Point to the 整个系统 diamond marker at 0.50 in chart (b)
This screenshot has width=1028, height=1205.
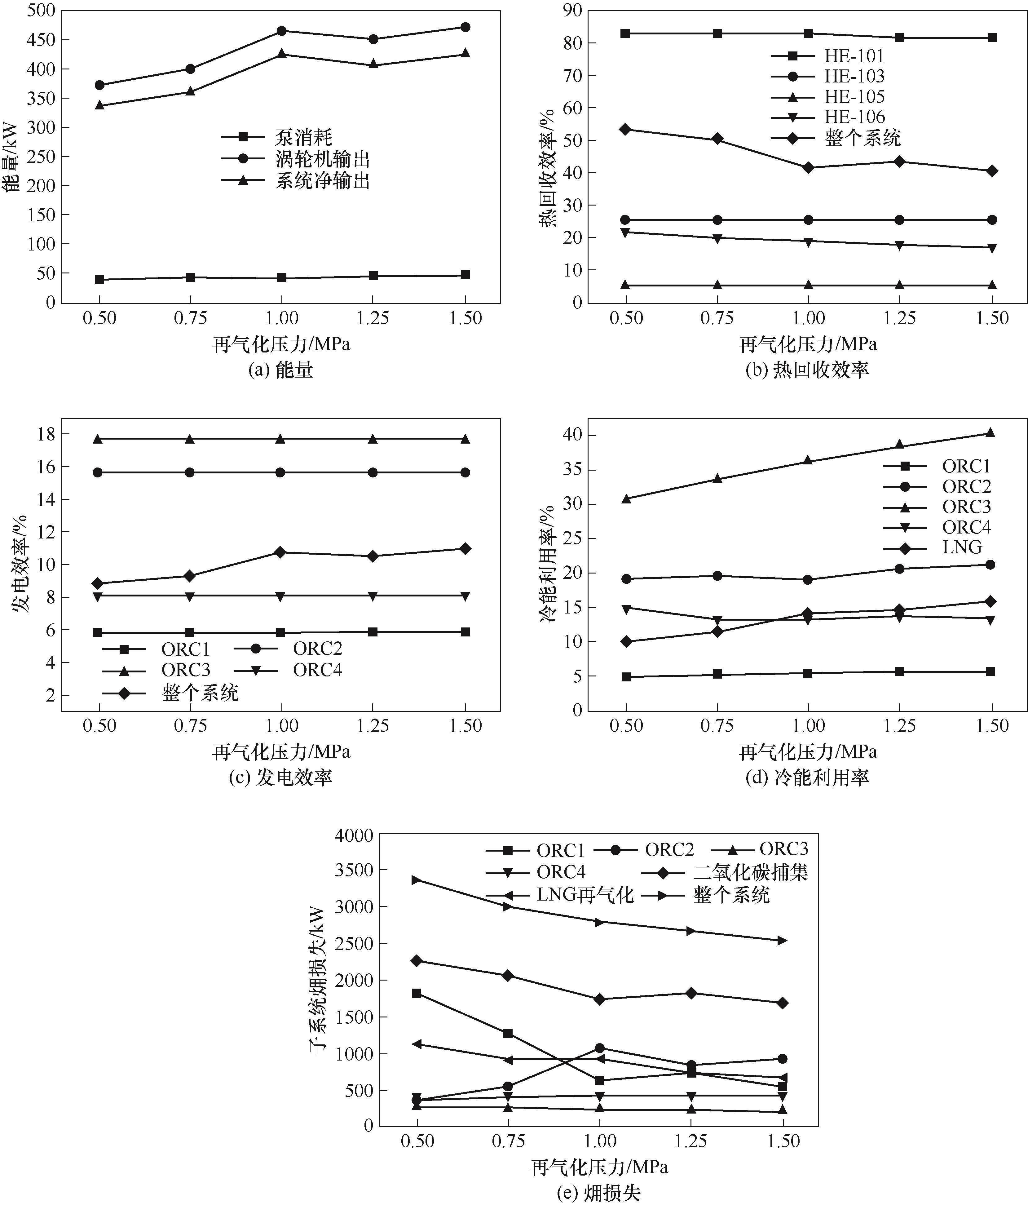point(626,129)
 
